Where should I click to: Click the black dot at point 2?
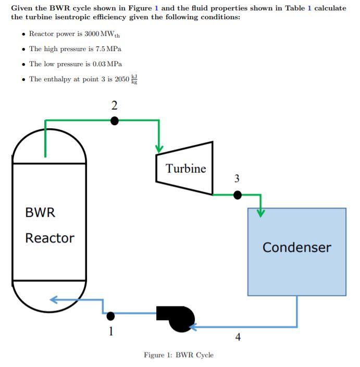[115, 121]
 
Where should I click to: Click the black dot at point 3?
[238, 195]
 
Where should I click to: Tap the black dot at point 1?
[110, 315]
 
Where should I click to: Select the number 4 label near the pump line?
[238, 337]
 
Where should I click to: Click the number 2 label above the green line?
[115, 105]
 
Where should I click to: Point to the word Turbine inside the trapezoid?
[186, 168]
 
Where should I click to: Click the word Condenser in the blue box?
[296, 247]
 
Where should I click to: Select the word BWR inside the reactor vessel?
[40, 213]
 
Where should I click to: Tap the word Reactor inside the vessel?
[50, 238]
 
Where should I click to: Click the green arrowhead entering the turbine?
[159, 150]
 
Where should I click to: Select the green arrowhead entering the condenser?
[260, 212]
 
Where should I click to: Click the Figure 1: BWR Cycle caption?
[179, 355]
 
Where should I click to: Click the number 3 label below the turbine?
[237, 179]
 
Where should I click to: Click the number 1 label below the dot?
[110, 329]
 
